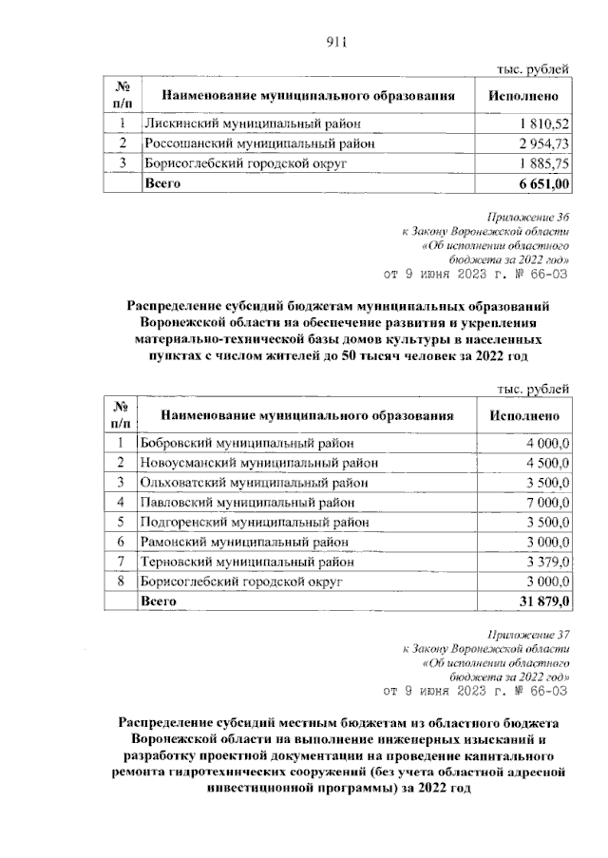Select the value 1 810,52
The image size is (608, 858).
coord(543,124)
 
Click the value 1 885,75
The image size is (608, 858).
coord(543,163)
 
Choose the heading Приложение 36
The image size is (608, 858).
coord(528,217)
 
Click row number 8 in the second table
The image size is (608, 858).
coord(122,582)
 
